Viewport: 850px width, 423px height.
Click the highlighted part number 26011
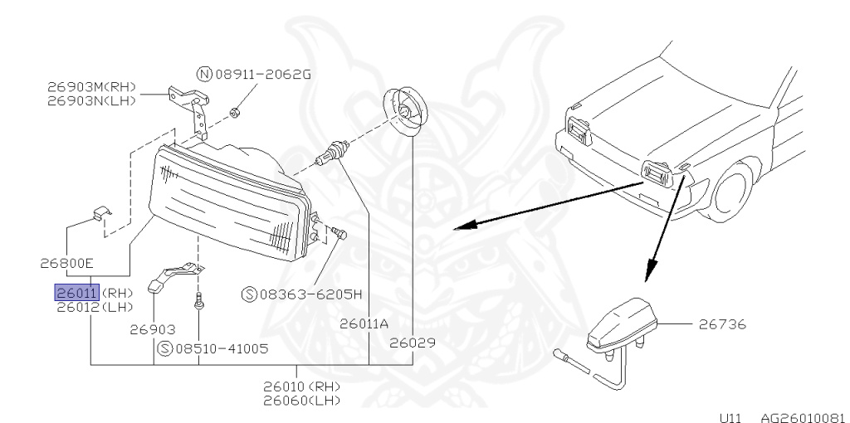tap(76, 292)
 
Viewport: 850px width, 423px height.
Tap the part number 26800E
tap(66, 264)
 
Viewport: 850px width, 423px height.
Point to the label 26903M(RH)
tap(91, 87)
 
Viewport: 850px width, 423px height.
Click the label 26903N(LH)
tap(91, 100)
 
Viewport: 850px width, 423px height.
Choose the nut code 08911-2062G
tap(262, 74)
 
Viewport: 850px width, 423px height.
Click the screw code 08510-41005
tap(221, 348)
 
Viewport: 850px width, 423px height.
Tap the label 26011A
tap(364, 324)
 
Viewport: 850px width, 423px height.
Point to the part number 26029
tap(413, 342)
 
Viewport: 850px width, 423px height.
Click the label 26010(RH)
tap(302, 387)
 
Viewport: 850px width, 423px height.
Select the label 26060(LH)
tap(302, 401)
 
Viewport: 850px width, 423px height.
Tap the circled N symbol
tap(203, 74)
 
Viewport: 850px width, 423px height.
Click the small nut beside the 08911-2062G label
tap(235, 109)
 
